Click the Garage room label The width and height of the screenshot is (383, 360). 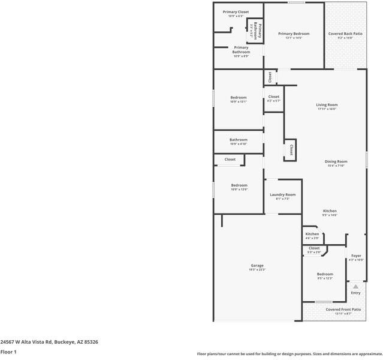click(x=257, y=266)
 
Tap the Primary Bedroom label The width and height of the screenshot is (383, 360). click(x=294, y=34)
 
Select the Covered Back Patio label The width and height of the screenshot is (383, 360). click(x=345, y=34)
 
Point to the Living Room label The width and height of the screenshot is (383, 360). click(x=327, y=105)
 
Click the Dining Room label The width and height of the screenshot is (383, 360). click(x=336, y=161)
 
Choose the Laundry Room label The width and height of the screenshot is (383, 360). click(x=282, y=194)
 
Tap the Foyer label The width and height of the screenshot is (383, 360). click(x=356, y=256)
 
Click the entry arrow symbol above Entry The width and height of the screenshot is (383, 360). click(x=355, y=286)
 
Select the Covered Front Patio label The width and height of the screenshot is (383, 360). click(x=343, y=310)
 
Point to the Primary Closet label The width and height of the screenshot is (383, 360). click(x=236, y=12)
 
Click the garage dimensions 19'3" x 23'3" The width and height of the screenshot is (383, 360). click(x=257, y=270)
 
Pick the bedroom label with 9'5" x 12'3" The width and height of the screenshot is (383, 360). click(x=325, y=274)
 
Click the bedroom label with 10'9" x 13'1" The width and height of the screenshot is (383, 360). click(x=239, y=97)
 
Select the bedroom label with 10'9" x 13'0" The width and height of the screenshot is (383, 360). click(x=239, y=185)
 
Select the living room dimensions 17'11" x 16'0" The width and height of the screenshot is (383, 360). click(x=327, y=109)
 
